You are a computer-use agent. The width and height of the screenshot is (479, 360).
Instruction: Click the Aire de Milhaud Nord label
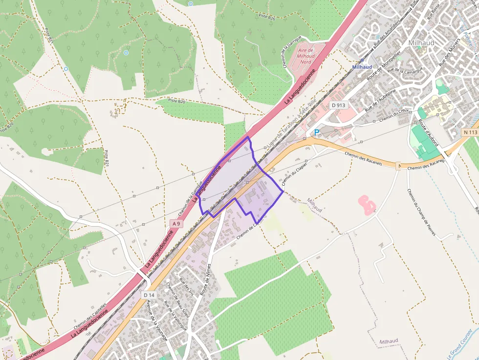(x=306, y=56)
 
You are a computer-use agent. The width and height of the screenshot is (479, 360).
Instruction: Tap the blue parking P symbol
(x=317, y=132)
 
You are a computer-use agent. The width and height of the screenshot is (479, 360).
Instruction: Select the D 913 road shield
(x=338, y=105)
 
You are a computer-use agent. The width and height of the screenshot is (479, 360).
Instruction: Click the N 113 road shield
(x=471, y=132)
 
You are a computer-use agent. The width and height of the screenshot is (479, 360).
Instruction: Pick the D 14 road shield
(x=149, y=296)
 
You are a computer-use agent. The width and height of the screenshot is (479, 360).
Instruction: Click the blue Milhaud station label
(x=362, y=67)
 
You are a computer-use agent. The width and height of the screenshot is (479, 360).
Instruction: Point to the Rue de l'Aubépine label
(x=380, y=100)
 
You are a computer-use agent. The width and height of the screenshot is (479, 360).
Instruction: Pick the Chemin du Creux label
(x=393, y=116)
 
